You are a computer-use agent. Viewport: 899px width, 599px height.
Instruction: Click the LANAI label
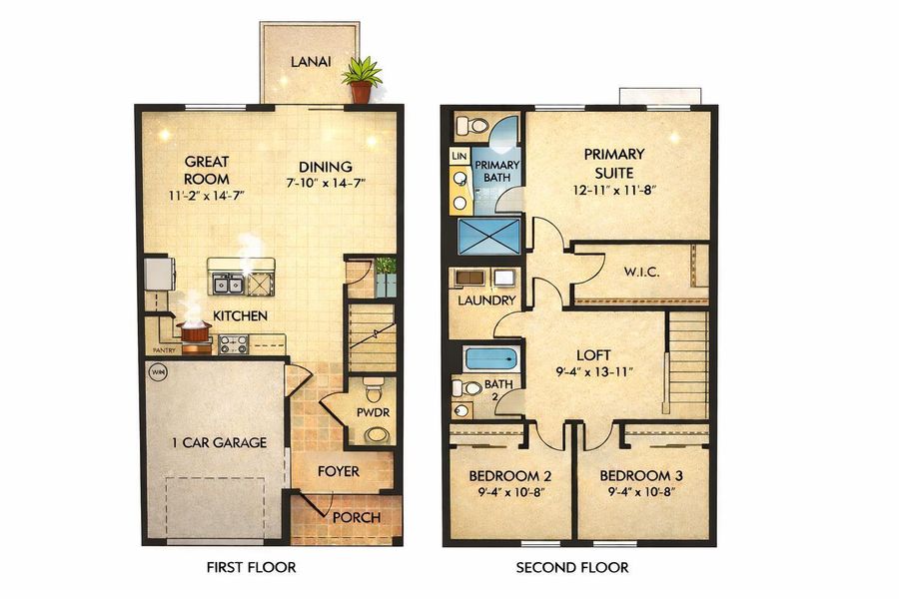pyautogui.click(x=311, y=62)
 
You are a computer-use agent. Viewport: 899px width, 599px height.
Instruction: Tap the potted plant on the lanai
pyautogui.click(x=361, y=80)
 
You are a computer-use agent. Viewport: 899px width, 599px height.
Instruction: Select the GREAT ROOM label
pyautogui.click(x=207, y=169)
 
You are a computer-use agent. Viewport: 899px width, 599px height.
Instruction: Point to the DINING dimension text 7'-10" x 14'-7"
pyautogui.click(x=325, y=183)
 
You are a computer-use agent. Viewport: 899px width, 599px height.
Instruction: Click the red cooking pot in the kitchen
pyautogui.click(x=194, y=328)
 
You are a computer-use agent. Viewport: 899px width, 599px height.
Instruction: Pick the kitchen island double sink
pyautogui.click(x=229, y=286)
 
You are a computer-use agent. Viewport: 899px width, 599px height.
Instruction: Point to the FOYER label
pyautogui.click(x=339, y=470)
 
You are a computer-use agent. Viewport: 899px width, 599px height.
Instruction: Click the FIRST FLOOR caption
pyautogui.click(x=251, y=568)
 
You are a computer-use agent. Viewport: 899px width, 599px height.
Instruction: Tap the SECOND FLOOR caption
pyautogui.click(x=572, y=568)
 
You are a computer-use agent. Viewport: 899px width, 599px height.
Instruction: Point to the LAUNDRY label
pyautogui.click(x=487, y=300)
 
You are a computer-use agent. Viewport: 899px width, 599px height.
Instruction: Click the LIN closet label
pyautogui.click(x=459, y=157)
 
